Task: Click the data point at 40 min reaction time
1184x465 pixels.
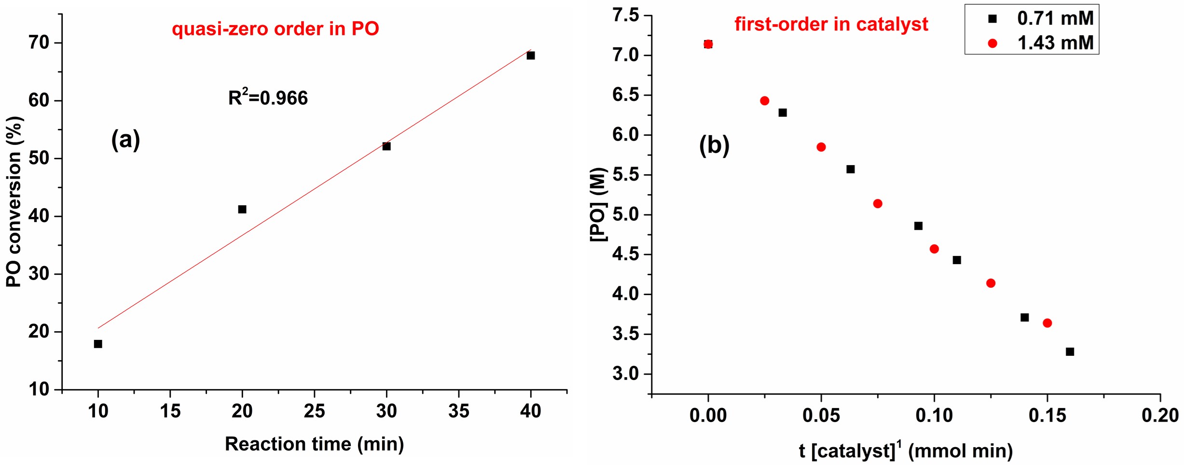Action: pyautogui.click(x=531, y=56)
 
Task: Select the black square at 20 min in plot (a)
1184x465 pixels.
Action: pyautogui.click(x=242, y=209)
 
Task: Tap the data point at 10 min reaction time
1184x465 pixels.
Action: pyautogui.click(x=98, y=344)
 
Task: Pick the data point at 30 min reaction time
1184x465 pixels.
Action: pyautogui.click(x=386, y=146)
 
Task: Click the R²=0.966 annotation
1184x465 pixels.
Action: pyautogui.click(x=268, y=98)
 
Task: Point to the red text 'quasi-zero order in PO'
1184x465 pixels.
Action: pyautogui.click(x=275, y=29)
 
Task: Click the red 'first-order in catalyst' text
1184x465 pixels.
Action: pyautogui.click(x=831, y=24)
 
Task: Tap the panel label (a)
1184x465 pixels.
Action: pyautogui.click(x=125, y=140)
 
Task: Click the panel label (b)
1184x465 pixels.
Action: pyautogui.click(x=714, y=145)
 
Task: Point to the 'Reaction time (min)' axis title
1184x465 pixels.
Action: pyautogui.click(x=314, y=444)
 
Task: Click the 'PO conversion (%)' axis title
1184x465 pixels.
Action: pyautogui.click(x=14, y=202)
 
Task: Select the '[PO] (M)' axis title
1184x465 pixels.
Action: pyautogui.click(x=598, y=204)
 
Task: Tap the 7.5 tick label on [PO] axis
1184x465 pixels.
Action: pyautogui.click(x=626, y=15)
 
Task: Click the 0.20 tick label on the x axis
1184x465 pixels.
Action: pyautogui.click(x=1160, y=415)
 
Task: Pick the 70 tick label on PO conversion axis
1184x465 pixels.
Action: pyautogui.click(x=39, y=42)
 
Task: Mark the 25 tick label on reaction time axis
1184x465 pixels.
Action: pyautogui.click(x=314, y=411)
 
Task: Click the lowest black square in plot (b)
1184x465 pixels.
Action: pyautogui.click(x=1070, y=352)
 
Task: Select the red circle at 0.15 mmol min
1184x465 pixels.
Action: pyautogui.click(x=1047, y=323)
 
